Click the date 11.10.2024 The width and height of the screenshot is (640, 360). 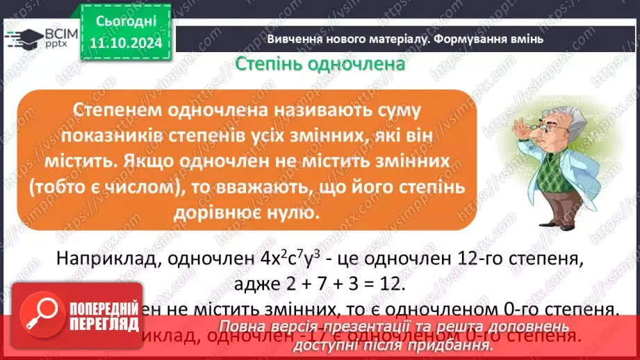coord(124,43)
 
